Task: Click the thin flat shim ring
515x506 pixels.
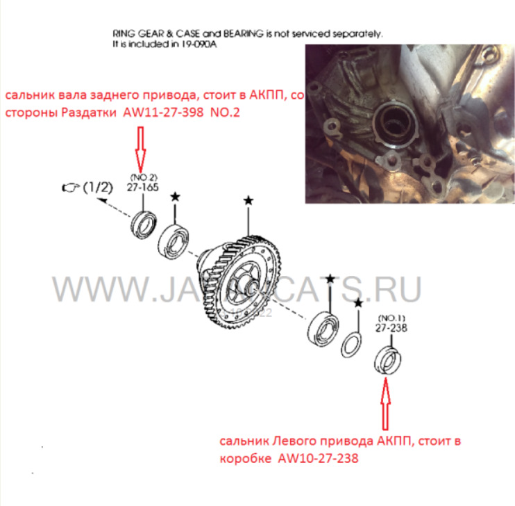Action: pyautogui.click(x=352, y=344)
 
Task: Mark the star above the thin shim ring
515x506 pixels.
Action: pyautogui.click(x=357, y=303)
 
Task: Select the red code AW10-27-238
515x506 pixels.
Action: pyautogui.click(x=318, y=459)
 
